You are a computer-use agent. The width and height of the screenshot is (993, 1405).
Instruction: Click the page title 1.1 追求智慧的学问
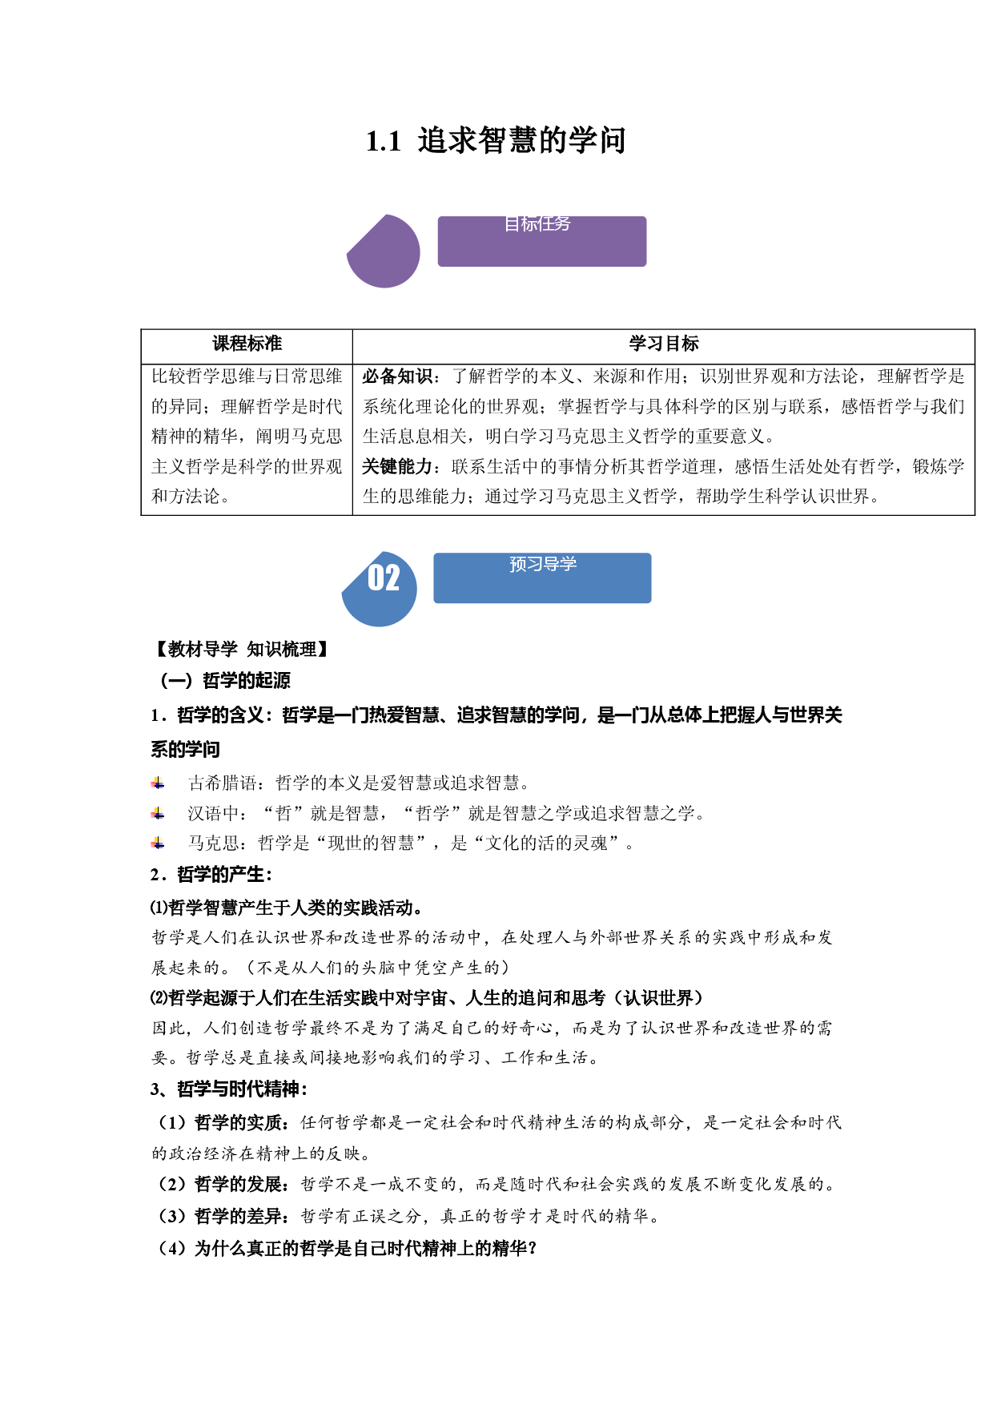[x=496, y=141]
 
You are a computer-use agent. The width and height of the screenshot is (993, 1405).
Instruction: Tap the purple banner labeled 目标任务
[x=542, y=241]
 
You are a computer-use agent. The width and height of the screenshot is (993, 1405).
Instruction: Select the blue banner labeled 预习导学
[x=542, y=578]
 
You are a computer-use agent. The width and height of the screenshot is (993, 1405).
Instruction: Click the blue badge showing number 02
[x=380, y=589]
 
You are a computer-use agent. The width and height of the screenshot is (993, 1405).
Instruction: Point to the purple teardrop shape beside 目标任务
[x=384, y=251]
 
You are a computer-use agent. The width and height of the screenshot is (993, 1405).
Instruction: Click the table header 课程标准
[x=247, y=344]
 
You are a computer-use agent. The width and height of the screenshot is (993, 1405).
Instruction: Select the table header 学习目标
[x=664, y=344]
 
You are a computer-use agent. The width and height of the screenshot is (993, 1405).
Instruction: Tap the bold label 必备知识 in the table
[x=397, y=376]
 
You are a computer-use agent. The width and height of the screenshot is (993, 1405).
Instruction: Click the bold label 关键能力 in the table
[x=397, y=466]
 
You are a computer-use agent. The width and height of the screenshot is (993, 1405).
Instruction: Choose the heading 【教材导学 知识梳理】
[x=240, y=650]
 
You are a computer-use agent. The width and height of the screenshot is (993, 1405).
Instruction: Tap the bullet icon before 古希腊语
[x=158, y=783]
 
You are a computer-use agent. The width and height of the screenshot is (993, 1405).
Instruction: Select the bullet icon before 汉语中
[x=158, y=814]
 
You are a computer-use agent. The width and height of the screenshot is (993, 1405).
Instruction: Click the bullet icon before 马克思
[x=158, y=843]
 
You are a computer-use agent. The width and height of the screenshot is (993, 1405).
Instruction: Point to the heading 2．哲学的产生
[x=211, y=875]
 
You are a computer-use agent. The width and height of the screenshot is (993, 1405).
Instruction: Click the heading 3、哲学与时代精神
[x=229, y=1089]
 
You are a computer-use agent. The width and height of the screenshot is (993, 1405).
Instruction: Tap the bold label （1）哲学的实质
[x=220, y=1123]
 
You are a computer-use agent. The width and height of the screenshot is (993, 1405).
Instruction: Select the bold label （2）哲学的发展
[x=220, y=1184]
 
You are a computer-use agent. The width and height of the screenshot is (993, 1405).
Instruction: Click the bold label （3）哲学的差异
[x=220, y=1216]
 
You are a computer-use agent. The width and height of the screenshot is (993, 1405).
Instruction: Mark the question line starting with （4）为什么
[x=345, y=1249]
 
